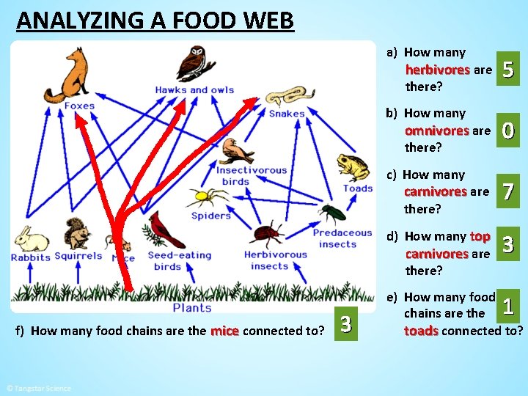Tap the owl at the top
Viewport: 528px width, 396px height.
(x=196, y=64)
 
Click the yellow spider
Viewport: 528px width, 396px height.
(x=199, y=197)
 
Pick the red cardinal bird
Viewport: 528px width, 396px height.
(x=166, y=230)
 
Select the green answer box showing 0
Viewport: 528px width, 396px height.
(x=509, y=131)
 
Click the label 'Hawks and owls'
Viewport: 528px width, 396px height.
(x=194, y=90)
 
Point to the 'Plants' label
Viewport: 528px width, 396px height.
(x=192, y=308)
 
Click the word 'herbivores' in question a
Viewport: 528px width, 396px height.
(x=437, y=70)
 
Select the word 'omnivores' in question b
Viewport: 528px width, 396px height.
(x=436, y=131)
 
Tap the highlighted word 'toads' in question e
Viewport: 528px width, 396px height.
(x=421, y=331)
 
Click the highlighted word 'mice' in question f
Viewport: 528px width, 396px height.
(x=224, y=331)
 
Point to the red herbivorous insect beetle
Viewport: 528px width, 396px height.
(x=268, y=235)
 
